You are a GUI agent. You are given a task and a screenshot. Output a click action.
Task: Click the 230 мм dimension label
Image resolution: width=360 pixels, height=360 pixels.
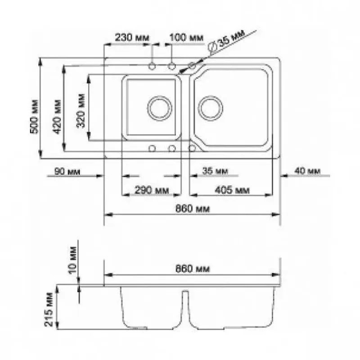132,37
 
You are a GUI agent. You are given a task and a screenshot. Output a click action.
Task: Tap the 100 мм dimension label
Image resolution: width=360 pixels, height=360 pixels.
186,37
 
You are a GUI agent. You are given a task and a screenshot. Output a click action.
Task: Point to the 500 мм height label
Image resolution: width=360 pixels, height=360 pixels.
35,117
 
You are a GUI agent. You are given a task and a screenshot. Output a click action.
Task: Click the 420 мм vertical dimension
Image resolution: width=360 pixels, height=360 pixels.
57,117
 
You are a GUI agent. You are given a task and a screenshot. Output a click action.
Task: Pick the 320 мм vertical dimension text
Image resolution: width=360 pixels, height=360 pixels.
81,110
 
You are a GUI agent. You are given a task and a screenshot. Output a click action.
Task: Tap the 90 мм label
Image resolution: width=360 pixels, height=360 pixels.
67,171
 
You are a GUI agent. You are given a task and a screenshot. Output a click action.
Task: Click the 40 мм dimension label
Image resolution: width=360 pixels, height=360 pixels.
307,171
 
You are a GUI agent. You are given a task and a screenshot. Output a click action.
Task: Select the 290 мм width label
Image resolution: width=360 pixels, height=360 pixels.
152,190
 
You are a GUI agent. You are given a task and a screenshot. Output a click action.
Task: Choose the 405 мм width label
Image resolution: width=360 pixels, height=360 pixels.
232,190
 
